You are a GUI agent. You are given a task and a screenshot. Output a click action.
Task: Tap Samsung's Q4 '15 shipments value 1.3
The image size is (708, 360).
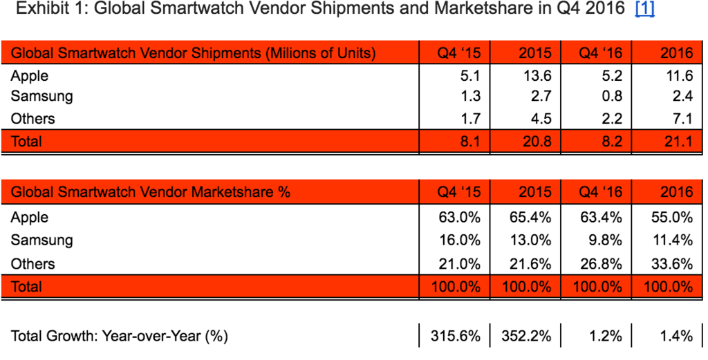(469, 97)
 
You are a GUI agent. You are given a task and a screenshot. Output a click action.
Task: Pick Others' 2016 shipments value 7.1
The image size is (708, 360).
(682, 118)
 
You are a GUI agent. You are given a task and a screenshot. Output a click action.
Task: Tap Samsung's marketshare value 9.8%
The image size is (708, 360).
(604, 240)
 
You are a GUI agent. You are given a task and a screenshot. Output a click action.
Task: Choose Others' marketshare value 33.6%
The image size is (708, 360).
(672, 263)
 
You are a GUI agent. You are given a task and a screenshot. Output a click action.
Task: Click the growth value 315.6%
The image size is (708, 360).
(455, 337)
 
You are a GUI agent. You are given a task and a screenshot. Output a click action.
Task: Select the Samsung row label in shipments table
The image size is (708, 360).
(41, 97)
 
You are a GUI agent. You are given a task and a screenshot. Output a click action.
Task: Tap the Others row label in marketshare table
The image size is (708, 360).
(32, 263)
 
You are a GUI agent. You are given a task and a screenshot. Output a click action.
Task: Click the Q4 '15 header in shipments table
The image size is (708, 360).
(459, 53)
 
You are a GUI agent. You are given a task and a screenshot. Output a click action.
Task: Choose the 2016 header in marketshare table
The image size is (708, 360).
(677, 192)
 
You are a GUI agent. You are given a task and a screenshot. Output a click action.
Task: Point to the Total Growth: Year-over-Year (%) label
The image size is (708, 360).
(120, 337)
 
